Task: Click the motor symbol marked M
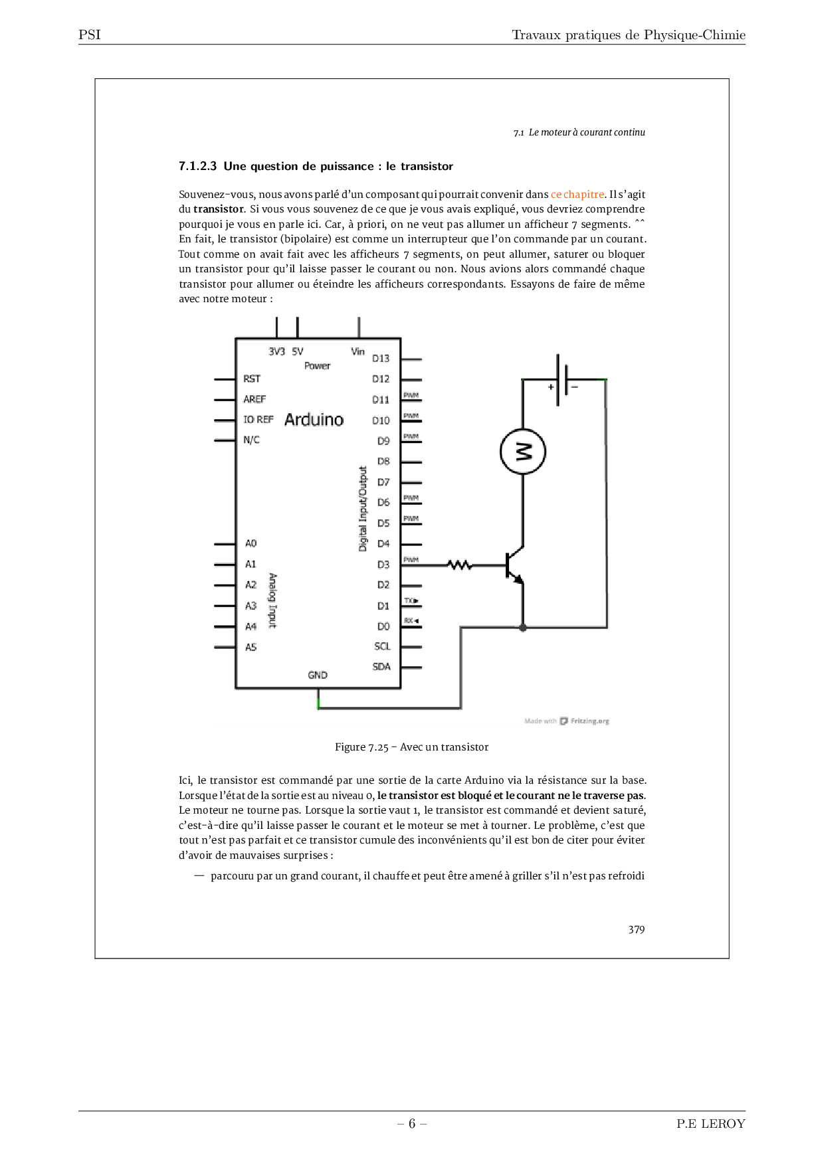[523, 452]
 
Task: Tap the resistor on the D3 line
[460, 565]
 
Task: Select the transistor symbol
[513, 565]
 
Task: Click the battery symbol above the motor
[562, 379]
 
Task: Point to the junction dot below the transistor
[523, 627]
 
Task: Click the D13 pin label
[381, 359]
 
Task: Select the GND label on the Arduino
[318, 675]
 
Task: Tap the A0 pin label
[251, 543]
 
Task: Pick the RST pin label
[252, 379]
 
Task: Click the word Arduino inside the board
[314, 420]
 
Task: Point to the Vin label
[358, 351]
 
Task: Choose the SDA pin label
[381, 666]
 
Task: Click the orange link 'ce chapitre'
[577, 195]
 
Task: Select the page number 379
[636, 930]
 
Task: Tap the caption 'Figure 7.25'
[361, 747]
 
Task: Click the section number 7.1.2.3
[197, 167]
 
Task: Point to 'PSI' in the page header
[90, 35]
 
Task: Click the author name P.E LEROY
[710, 1124]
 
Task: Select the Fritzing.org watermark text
[589, 721]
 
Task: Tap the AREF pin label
[255, 399]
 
